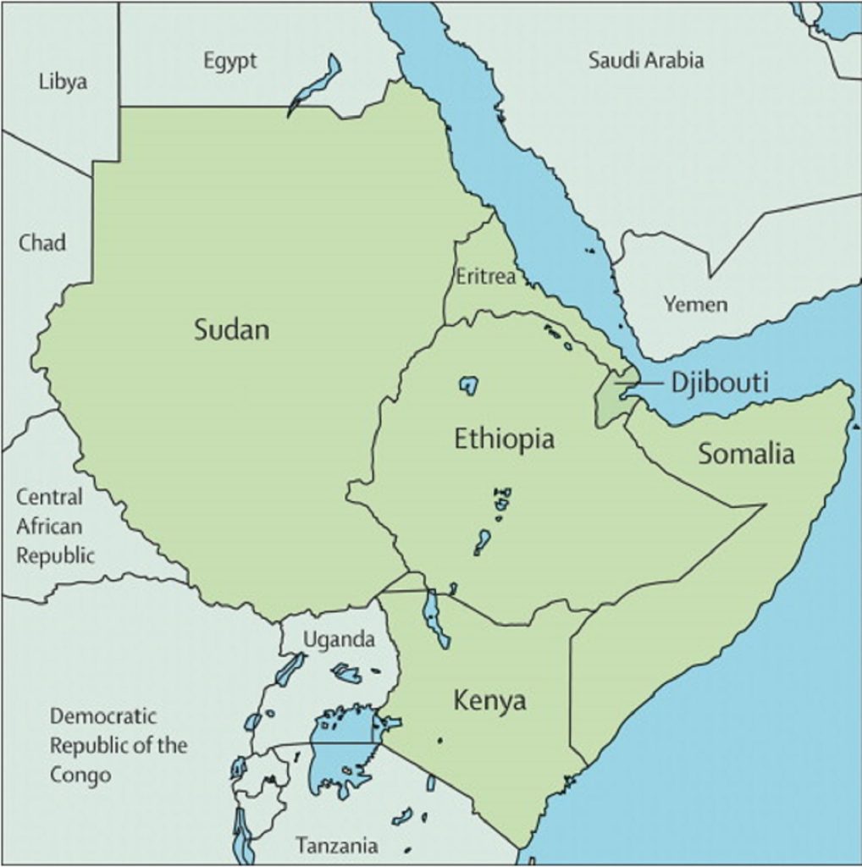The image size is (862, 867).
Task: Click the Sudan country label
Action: [232, 329]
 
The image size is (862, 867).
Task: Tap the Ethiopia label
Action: [505, 439]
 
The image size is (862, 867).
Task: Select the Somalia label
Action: [746, 454]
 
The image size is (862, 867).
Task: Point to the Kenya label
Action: [489, 701]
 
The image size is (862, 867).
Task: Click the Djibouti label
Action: [720, 383]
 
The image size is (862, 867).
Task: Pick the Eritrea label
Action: [485, 276]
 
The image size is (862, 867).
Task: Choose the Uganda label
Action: [339, 640]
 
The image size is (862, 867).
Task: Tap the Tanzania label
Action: [337, 845]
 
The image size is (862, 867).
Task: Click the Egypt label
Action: [229, 61]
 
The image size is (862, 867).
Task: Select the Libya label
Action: [64, 82]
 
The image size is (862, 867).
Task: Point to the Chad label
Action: [42, 243]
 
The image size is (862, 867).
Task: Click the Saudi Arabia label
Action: [646, 60]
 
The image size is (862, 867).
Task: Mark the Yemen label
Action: [694, 305]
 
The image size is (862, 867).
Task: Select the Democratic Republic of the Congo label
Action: [118, 745]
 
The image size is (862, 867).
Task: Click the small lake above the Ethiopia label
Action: [468, 385]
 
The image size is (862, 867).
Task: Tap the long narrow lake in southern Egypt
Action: [316, 85]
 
